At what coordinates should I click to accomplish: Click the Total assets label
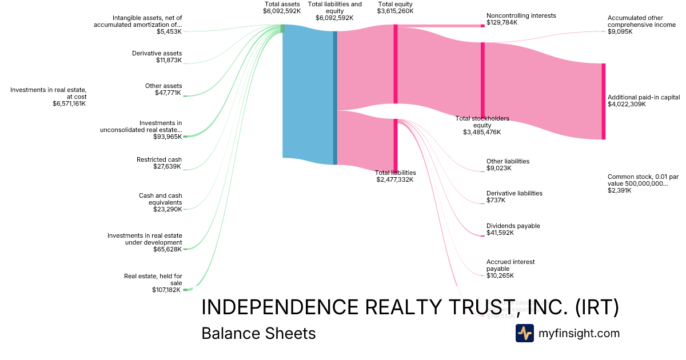pyautogui.click(x=282, y=7)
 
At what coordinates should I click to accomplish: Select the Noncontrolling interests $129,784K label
pyautogui.click(x=521, y=19)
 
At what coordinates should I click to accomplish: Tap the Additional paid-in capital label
pyautogui.click(x=644, y=101)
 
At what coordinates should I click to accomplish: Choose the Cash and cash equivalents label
pyautogui.click(x=160, y=202)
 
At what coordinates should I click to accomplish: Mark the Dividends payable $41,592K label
pyautogui.click(x=513, y=229)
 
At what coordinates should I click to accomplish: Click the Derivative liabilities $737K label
pyautogui.click(x=514, y=197)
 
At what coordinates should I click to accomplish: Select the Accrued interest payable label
pyautogui.click(x=510, y=269)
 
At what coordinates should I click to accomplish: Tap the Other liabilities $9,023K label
pyautogui.click(x=508, y=165)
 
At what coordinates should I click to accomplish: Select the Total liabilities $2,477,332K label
pyautogui.click(x=395, y=176)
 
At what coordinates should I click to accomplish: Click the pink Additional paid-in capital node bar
pyautogui.click(x=603, y=101)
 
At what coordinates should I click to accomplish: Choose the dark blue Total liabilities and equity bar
pyautogui.click(x=335, y=97)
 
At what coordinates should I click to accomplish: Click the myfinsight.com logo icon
pyautogui.click(x=524, y=333)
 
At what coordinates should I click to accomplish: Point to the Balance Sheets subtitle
pyautogui.click(x=258, y=333)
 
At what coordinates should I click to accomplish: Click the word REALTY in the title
pyautogui.click(x=403, y=307)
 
